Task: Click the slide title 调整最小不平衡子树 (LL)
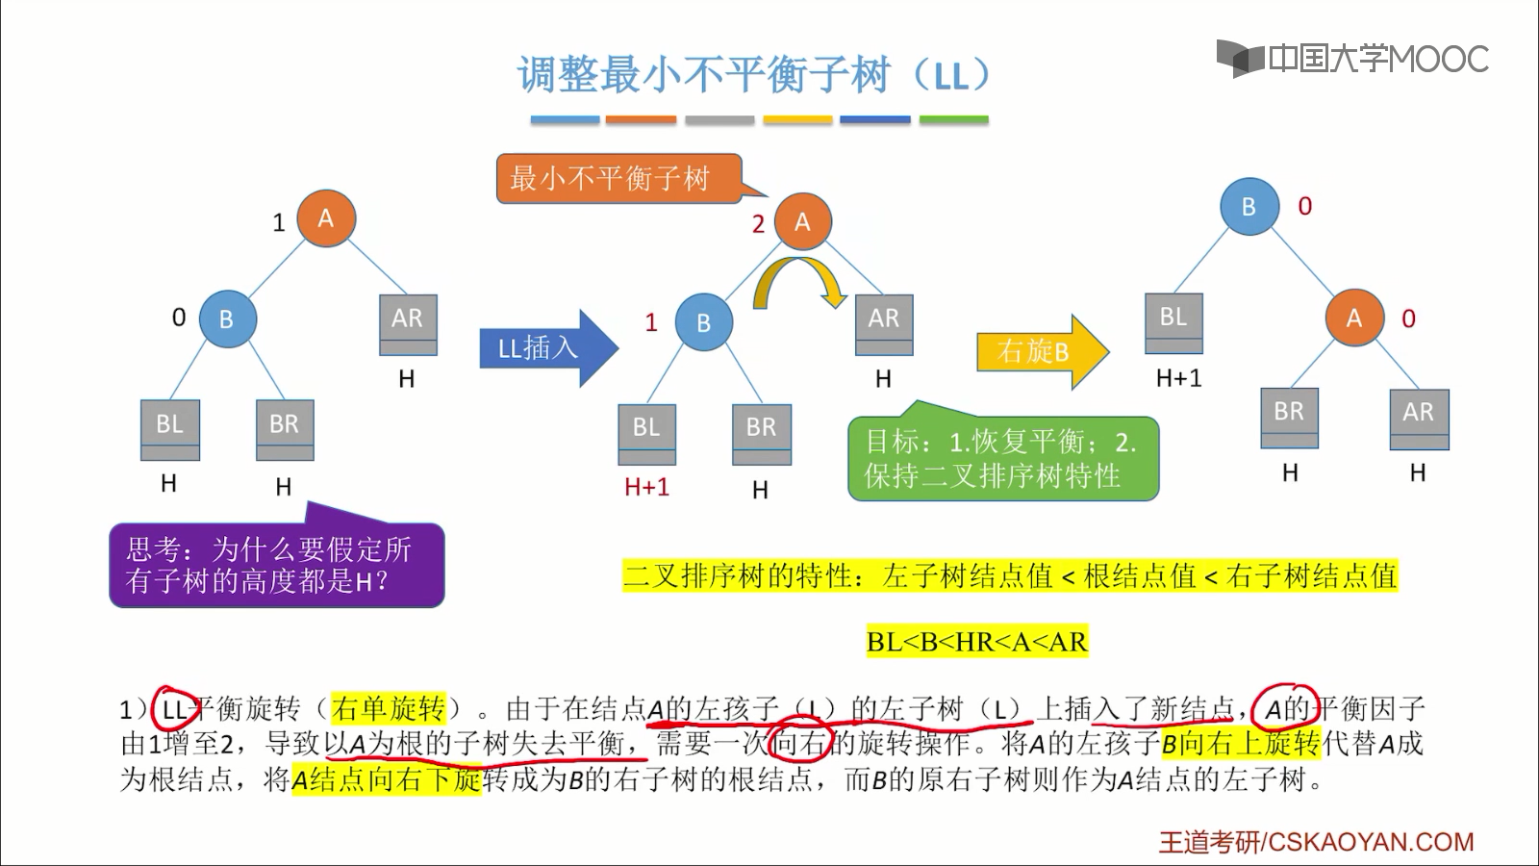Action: [754, 75]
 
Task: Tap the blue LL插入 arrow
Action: [543, 348]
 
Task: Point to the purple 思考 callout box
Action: [276, 565]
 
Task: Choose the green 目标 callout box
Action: [1002, 458]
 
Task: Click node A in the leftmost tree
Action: [326, 218]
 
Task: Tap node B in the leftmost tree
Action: [227, 318]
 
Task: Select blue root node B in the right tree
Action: [1249, 206]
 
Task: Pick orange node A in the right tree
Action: [1353, 318]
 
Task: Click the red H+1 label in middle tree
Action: [646, 487]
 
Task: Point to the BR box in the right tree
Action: [1289, 416]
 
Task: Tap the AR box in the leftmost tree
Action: [407, 323]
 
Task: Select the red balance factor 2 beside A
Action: [758, 224]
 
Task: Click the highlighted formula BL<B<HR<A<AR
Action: [976, 642]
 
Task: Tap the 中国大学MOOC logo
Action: [1353, 59]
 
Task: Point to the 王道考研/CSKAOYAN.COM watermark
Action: [1316, 842]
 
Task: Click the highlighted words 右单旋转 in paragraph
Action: [388, 709]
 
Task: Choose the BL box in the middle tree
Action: [646, 432]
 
